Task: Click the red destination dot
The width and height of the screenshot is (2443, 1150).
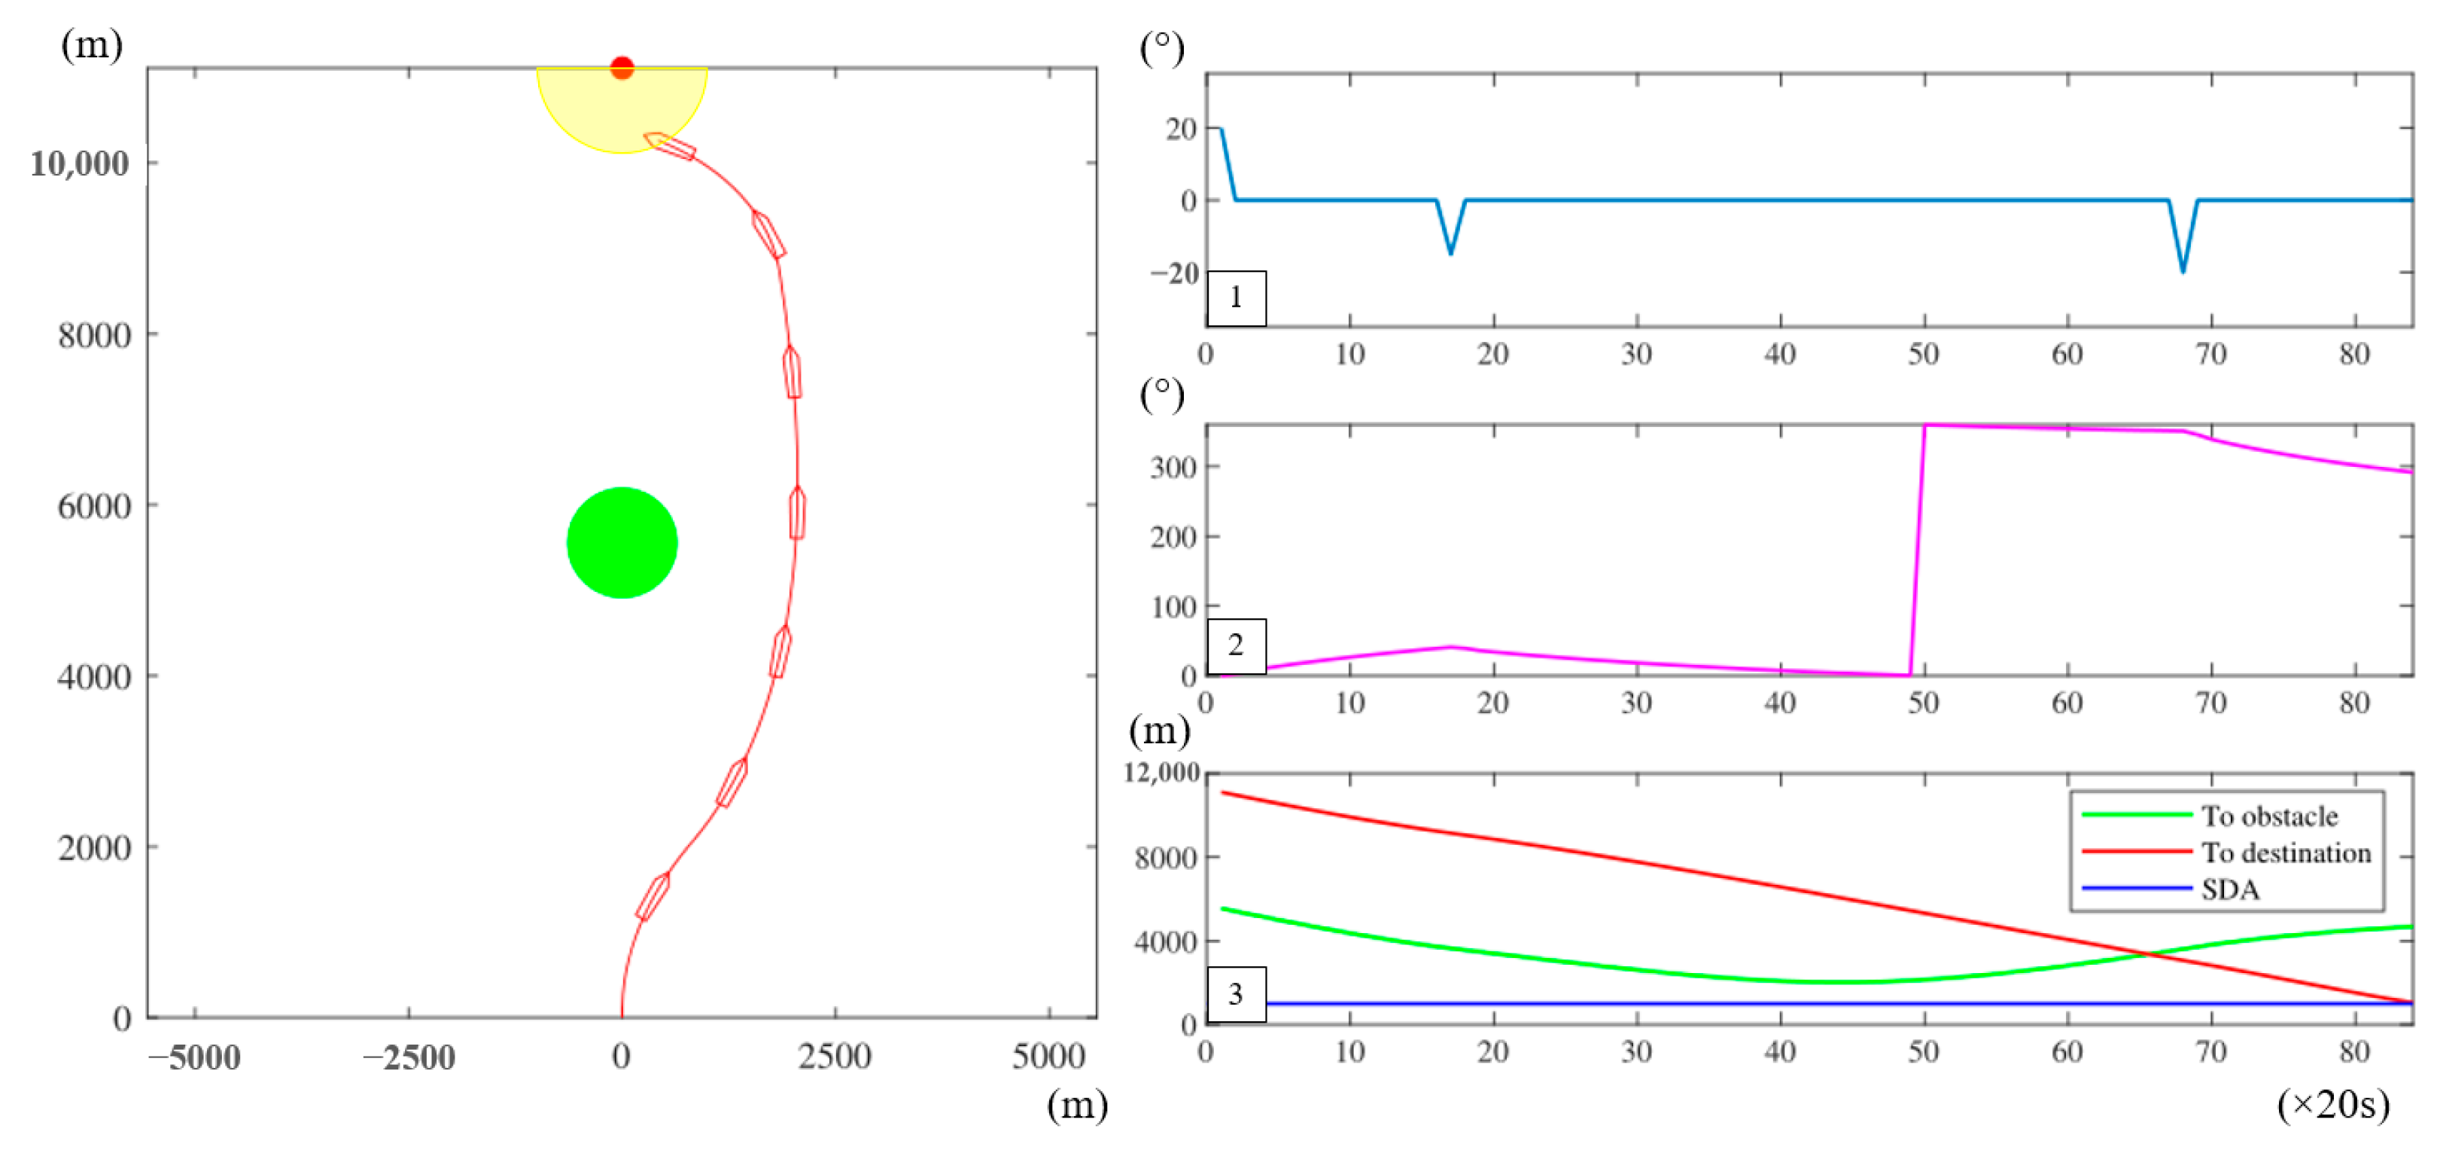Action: click(x=621, y=67)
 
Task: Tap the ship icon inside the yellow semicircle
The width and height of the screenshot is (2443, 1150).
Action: click(x=671, y=146)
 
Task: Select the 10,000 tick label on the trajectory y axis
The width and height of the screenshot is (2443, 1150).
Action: click(x=79, y=163)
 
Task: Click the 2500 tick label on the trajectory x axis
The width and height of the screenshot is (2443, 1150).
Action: click(x=834, y=1056)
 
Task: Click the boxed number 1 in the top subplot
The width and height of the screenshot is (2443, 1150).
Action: click(x=1236, y=298)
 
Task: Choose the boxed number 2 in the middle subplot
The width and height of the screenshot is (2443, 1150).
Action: click(x=1236, y=645)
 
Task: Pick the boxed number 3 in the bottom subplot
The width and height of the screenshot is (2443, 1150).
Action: click(x=1236, y=993)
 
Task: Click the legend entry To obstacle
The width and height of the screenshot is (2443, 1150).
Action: click(x=2268, y=816)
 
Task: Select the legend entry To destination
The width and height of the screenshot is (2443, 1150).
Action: click(x=2285, y=852)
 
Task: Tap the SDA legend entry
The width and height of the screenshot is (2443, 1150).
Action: click(x=2229, y=889)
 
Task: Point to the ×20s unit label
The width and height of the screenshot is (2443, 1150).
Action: click(x=2332, y=1103)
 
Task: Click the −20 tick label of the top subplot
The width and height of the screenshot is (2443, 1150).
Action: click(x=1174, y=273)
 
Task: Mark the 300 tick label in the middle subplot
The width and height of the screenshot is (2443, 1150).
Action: click(x=1173, y=467)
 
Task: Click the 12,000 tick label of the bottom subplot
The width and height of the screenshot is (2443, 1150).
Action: click(x=1162, y=773)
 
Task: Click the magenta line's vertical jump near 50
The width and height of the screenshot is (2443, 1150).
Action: click(x=1917, y=551)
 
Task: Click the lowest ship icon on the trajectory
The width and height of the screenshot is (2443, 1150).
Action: click(x=653, y=897)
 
